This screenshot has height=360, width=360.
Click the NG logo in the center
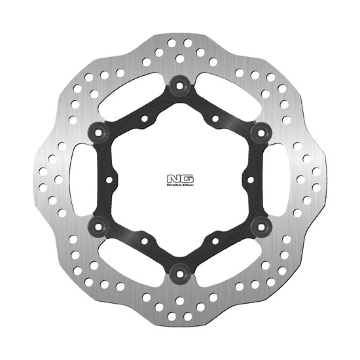[179, 177]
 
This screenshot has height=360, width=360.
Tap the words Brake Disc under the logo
[179, 187]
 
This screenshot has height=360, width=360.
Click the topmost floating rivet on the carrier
[179, 82]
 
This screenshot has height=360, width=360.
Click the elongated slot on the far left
[75, 179]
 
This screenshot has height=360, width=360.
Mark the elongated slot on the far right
[284, 179]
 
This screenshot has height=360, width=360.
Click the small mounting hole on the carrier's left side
[110, 178]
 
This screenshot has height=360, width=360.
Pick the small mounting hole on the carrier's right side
[249, 178]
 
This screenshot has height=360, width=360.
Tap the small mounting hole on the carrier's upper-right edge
[215, 118]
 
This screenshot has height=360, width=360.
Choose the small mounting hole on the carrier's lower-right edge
[215, 239]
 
